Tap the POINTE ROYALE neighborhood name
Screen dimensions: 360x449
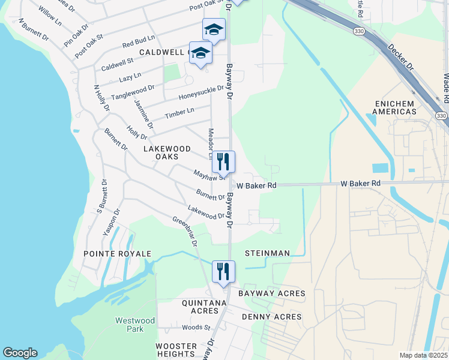coord(117,254)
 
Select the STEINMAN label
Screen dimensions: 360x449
coord(267,253)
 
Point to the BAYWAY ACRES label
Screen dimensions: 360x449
coord(271,293)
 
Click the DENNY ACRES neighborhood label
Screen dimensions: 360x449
coord(271,316)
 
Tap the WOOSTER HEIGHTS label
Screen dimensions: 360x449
coord(176,350)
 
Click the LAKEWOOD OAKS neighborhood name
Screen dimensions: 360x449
coord(167,152)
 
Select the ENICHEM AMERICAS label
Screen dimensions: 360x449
coord(394,107)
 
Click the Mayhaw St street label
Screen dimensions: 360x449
coord(209,175)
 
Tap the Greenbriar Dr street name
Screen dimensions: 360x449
coord(185,231)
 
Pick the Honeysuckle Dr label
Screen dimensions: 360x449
coord(200,92)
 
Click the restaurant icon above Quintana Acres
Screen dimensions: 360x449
coord(223,271)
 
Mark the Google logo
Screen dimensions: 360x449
coord(20,353)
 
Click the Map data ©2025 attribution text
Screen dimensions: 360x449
coord(423,355)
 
